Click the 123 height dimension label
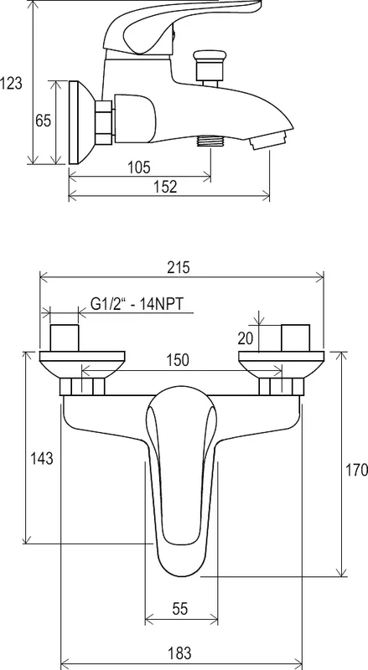11,83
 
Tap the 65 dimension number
43,121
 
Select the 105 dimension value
139,167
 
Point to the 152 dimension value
165,187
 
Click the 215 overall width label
178,267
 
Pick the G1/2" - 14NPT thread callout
137,304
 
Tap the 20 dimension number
246,338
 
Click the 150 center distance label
178,360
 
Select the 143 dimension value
42,458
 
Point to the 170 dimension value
356,470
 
